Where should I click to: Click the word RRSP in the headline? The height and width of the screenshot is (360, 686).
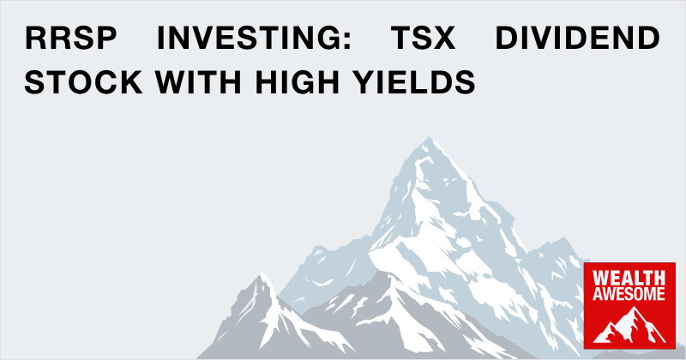[71, 38]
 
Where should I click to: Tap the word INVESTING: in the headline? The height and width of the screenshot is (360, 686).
[254, 38]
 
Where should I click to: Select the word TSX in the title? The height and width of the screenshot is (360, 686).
[423, 38]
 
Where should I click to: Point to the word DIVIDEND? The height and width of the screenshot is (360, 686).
[577, 38]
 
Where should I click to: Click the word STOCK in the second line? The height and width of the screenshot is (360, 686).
[83, 81]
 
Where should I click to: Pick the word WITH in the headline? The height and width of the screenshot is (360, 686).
[198, 81]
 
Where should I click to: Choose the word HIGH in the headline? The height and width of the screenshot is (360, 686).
[298, 81]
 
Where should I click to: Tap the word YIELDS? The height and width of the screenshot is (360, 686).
[414, 81]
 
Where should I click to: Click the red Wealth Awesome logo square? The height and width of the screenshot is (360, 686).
[629, 306]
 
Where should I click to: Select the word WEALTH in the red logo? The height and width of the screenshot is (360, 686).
[629, 279]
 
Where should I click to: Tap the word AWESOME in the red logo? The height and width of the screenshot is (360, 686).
[629, 293]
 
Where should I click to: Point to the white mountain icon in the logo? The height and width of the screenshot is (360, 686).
[629, 326]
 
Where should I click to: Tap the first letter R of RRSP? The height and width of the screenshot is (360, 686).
[35, 38]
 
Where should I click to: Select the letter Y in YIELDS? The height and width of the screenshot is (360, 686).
[364, 81]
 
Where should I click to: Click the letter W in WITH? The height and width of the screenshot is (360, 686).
[171, 81]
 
